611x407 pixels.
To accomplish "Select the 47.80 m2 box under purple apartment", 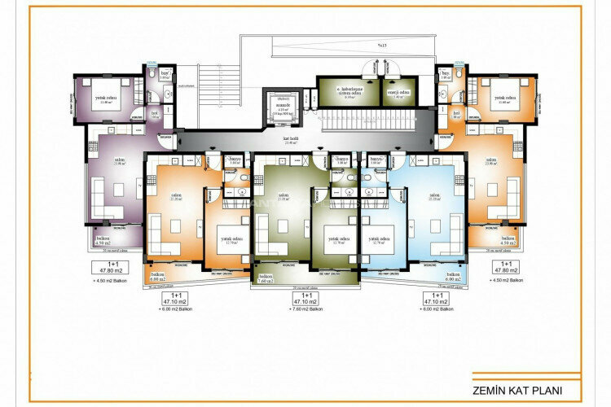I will (103, 269).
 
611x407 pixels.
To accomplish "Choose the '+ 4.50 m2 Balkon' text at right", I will (507, 281).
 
